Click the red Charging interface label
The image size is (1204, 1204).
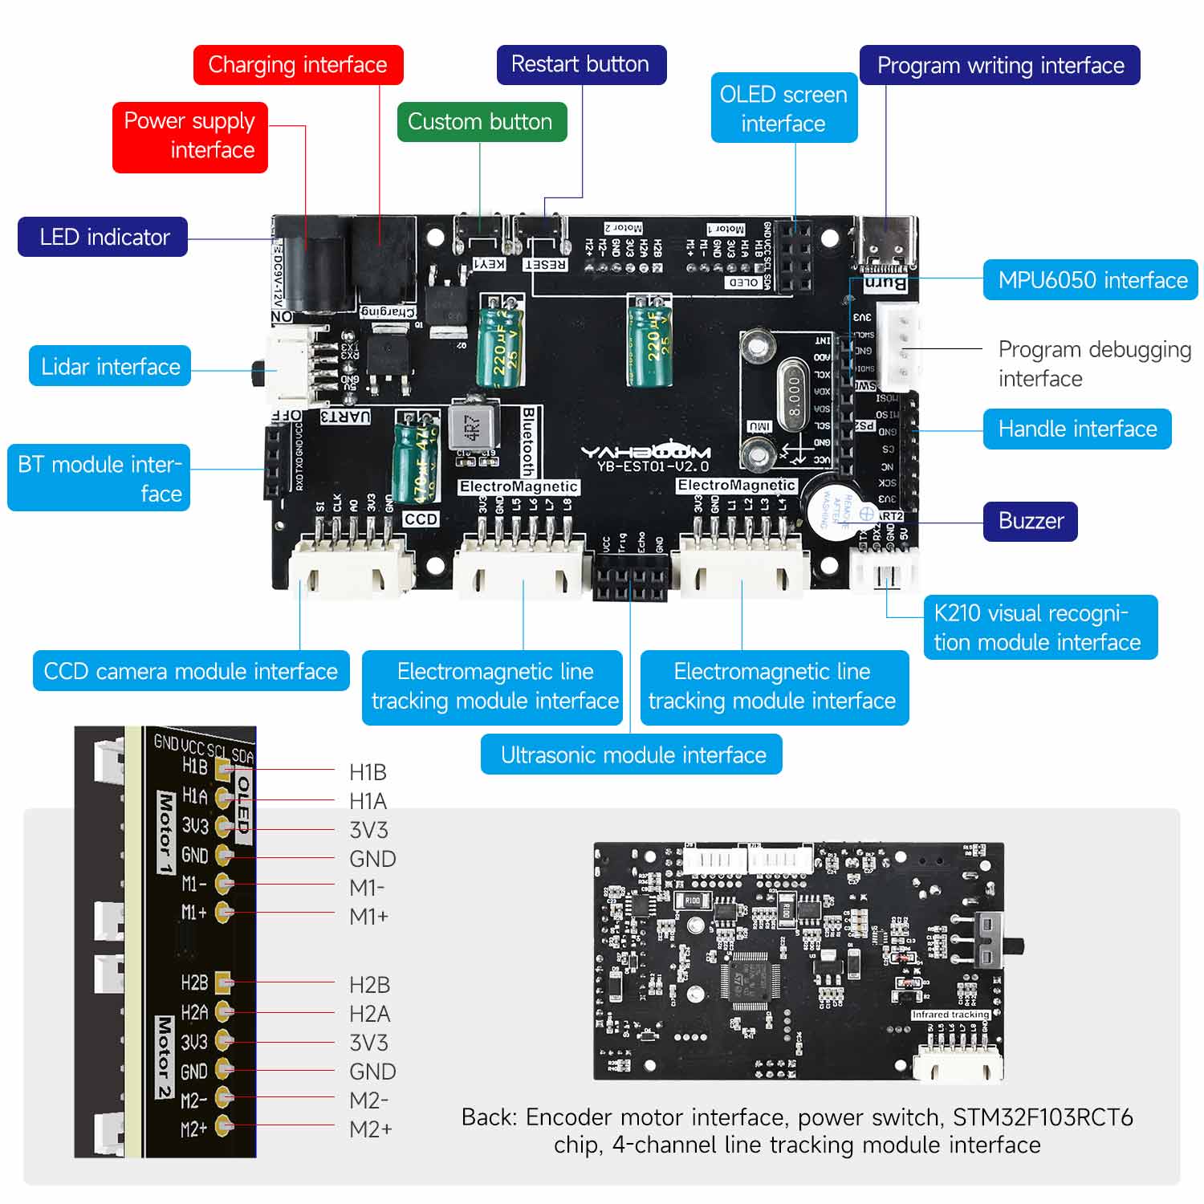point(298,65)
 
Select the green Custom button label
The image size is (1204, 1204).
point(481,122)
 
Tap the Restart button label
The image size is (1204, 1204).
point(580,64)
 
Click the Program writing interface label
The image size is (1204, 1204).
point(999,65)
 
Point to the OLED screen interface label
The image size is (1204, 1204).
point(783,108)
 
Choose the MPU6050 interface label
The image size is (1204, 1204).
point(1091,280)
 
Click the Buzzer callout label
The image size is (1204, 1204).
point(1030,521)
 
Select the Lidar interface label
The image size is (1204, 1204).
point(110,366)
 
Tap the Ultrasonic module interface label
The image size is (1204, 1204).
point(632,755)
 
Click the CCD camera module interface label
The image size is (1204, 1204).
point(191,671)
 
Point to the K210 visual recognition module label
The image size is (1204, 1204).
point(1039,627)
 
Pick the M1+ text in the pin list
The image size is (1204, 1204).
point(368,916)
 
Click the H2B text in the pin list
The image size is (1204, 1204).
point(369,985)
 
